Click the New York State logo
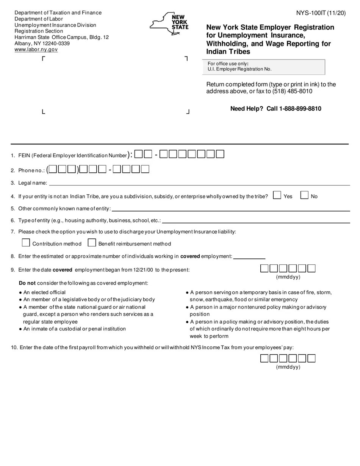pyautogui.click(x=169, y=23)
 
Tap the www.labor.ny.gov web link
pyautogui.click(x=36, y=49)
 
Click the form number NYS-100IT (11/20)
pyautogui.click(x=321, y=13)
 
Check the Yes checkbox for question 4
pyautogui.click(x=277, y=195)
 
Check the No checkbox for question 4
pyautogui.click(x=304, y=195)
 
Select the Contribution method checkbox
pyautogui.click(x=26, y=242)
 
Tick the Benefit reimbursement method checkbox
pyautogui.click(x=92, y=242)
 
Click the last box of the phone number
pyautogui.click(x=145, y=169)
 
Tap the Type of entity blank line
pyautogui.click(x=256, y=220)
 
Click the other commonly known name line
pyautogui.click(x=230, y=208)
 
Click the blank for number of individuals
pyautogui.click(x=249, y=256)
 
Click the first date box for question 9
pyautogui.click(x=264, y=269)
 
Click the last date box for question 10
pyautogui.click(x=311, y=358)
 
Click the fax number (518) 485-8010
pyautogui.click(x=292, y=91)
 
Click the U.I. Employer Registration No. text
pyautogui.click(x=239, y=69)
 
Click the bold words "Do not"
pyautogui.click(x=27, y=283)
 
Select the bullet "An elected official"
pyautogui.click(x=44, y=292)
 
